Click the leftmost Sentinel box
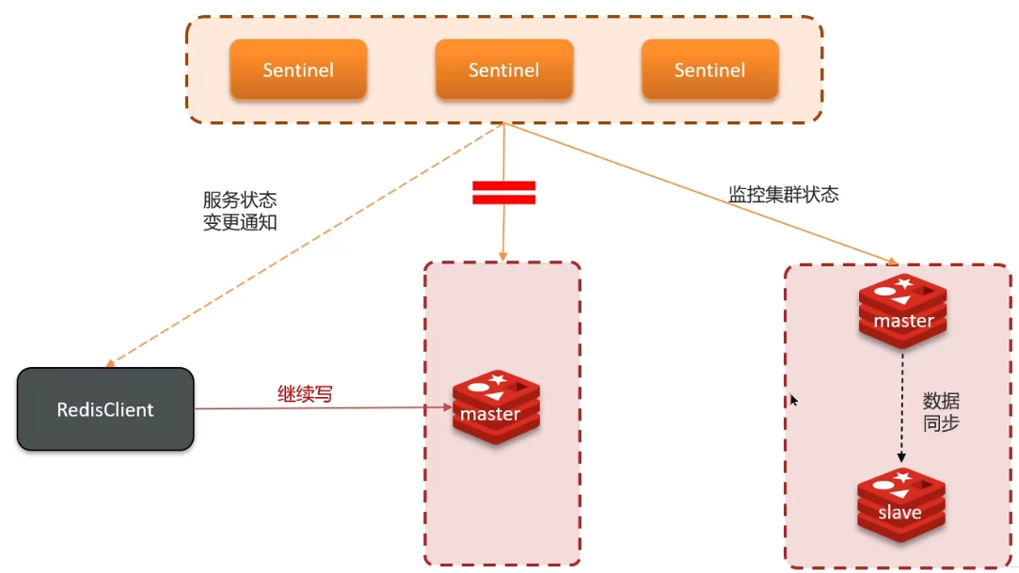(298, 70)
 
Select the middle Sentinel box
(503, 70)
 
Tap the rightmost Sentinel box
(709, 70)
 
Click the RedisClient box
(105, 409)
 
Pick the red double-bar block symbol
(503, 193)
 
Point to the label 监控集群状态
(784, 195)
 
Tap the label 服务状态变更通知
(240, 212)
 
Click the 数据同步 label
(941, 411)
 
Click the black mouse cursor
(793, 400)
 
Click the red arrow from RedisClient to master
(320, 408)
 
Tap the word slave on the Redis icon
(900, 513)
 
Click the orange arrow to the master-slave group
(696, 192)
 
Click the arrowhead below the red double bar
(503, 256)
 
